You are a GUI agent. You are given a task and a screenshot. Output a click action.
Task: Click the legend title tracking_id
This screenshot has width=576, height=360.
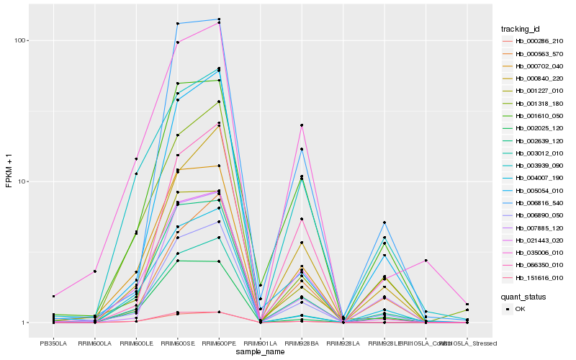pyautogui.click(x=521, y=29)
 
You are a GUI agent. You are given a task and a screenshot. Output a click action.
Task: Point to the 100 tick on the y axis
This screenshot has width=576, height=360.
pyautogui.click(x=21, y=40)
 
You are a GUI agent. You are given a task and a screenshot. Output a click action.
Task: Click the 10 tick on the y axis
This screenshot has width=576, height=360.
pyautogui.click(x=23, y=181)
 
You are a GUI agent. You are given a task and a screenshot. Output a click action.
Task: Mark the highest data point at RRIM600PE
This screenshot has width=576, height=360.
pyautogui.click(x=219, y=19)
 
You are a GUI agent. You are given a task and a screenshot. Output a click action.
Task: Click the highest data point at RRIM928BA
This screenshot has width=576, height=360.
pyautogui.click(x=302, y=125)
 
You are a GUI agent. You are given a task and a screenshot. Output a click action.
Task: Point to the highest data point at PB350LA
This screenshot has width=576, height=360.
pyautogui.click(x=53, y=296)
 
